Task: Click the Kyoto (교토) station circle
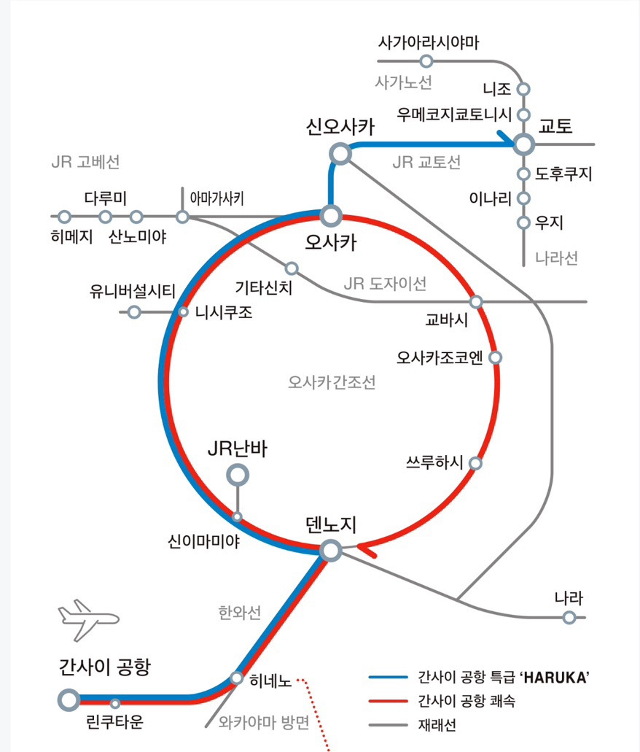click(x=524, y=144)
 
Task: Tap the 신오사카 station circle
click(x=340, y=154)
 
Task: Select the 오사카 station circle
click(x=331, y=216)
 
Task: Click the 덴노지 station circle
click(x=331, y=551)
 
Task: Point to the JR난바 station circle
click(x=238, y=476)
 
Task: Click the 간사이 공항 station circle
click(x=69, y=700)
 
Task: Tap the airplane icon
click(x=88, y=620)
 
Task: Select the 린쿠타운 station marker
click(x=115, y=704)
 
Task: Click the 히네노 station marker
click(x=237, y=678)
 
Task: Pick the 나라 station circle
click(x=569, y=617)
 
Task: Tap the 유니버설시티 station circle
click(x=134, y=312)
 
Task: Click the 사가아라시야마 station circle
click(x=426, y=61)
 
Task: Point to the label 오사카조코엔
click(x=440, y=358)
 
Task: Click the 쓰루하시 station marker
click(x=475, y=463)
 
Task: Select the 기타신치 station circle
click(x=292, y=268)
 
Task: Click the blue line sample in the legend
click(x=388, y=677)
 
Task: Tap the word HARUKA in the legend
click(x=555, y=678)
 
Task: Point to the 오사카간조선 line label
click(x=332, y=383)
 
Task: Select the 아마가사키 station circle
click(x=182, y=217)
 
